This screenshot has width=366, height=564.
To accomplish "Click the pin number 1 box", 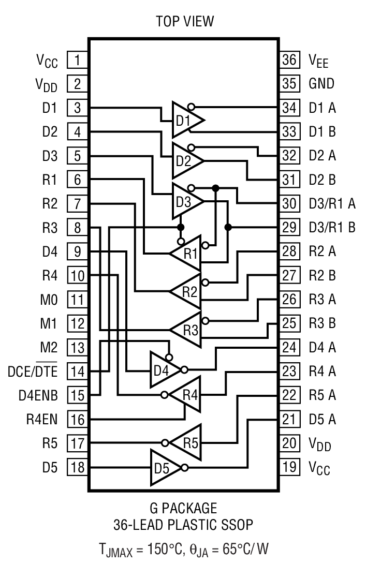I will (77, 60).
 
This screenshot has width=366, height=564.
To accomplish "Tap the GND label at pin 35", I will (321, 83).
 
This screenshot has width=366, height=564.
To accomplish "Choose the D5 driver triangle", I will (165, 467).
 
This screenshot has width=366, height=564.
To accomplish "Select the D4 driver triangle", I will (165, 370).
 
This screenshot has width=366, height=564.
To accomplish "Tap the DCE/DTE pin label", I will (33, 371).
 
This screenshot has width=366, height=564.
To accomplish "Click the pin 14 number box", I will (77, 371).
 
